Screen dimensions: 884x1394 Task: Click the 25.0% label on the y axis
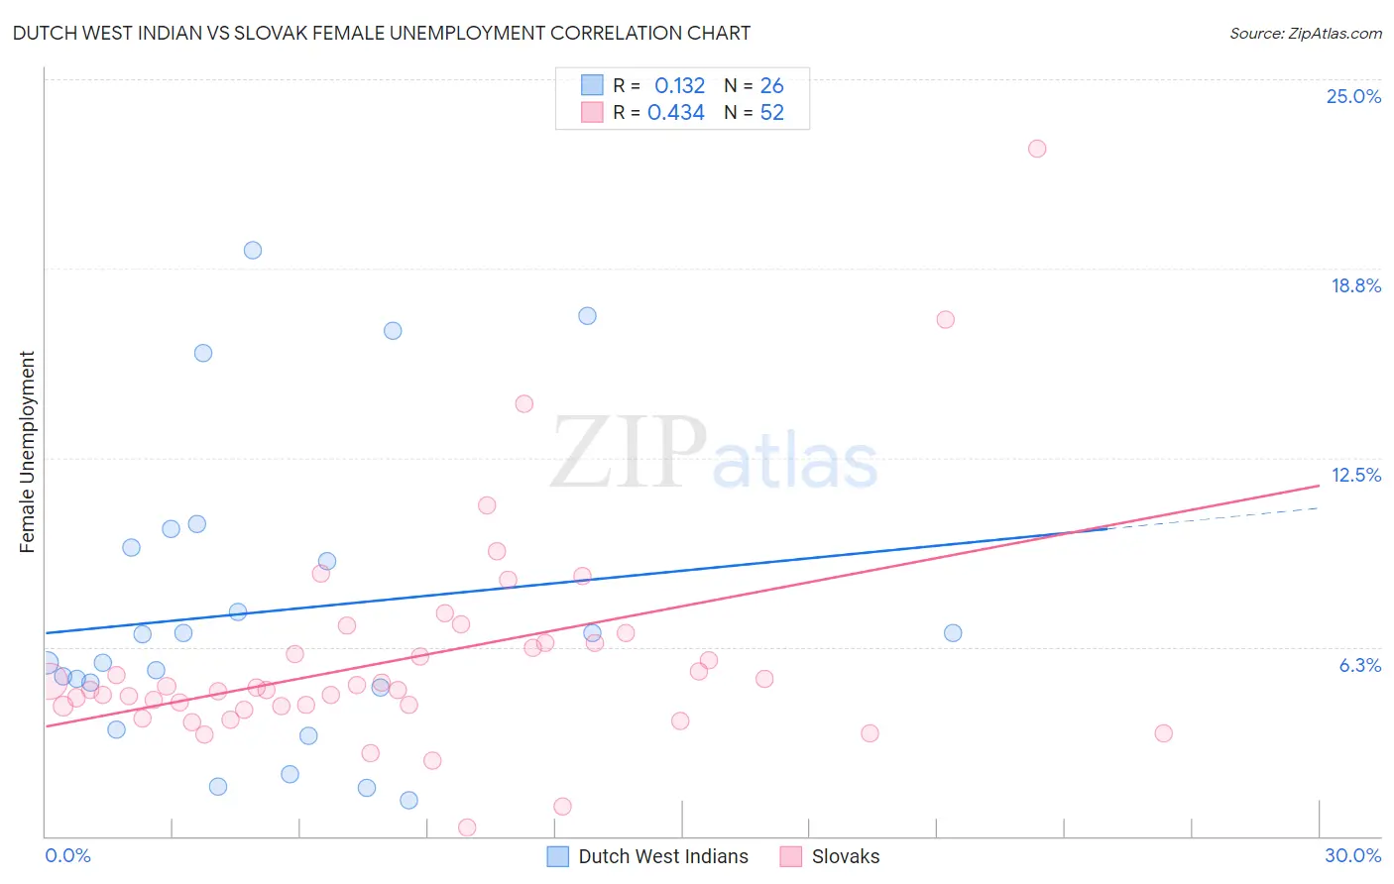1353,96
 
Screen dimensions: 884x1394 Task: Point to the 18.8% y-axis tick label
1355,285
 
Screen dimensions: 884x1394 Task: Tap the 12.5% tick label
1355,475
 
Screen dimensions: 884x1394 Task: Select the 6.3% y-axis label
1359,665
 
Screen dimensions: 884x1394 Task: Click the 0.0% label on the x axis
67,855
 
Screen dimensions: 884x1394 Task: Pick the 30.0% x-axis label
1352,855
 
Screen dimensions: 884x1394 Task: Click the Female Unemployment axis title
27,451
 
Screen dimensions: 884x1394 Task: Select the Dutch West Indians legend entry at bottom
648,856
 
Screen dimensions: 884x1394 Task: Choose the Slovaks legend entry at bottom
830,856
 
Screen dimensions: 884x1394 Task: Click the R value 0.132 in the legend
679,86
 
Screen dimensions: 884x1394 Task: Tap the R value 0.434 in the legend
675,113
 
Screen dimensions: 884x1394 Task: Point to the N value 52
771,113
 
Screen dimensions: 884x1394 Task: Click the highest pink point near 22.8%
1037,149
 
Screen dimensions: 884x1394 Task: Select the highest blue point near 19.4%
253,251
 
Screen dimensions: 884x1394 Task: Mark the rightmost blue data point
953,633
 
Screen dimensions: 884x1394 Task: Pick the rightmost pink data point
1164,733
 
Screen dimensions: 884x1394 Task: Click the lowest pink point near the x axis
467,828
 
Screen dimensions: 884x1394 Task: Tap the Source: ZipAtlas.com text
1305,34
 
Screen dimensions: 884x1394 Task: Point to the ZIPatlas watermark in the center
714,454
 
